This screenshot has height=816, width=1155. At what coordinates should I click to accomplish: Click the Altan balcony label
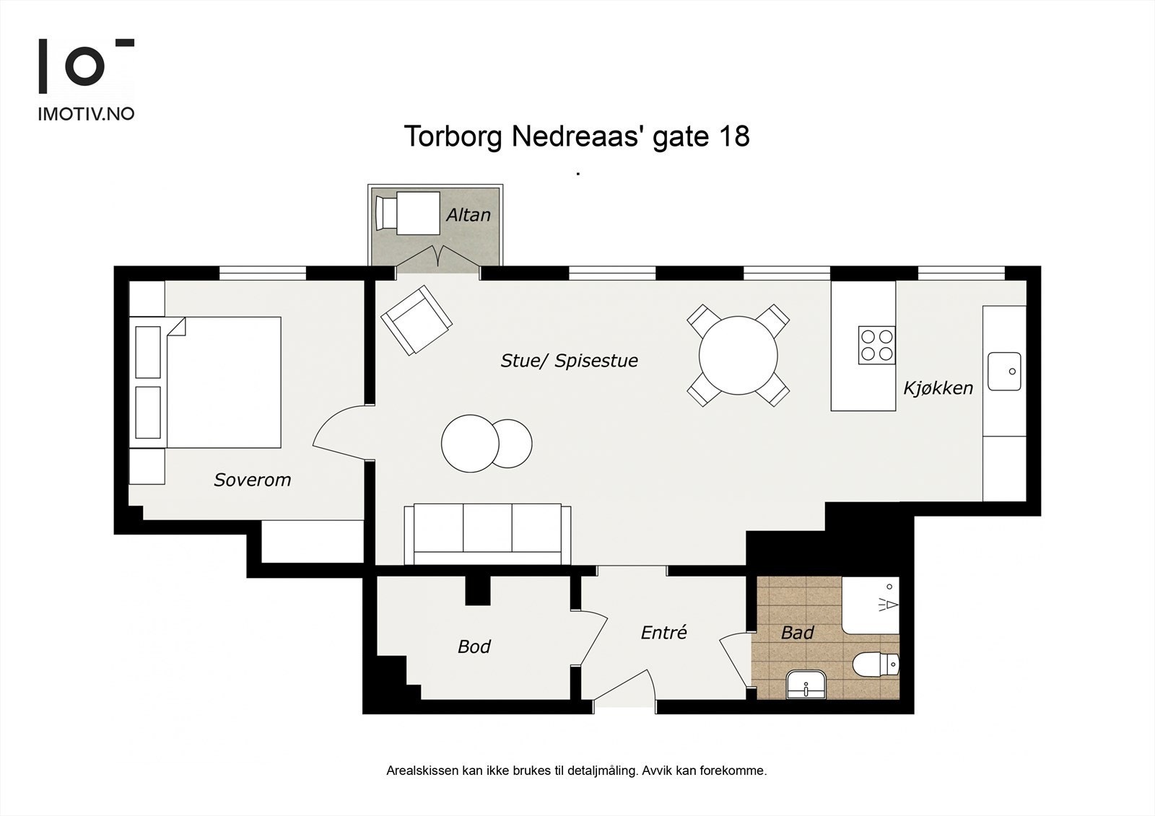[468, 215]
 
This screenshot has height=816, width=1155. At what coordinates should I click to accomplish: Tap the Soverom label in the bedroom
[252, 480]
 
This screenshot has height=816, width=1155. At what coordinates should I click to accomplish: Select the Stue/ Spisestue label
[569, 361]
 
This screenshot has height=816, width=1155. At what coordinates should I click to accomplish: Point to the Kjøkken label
[938, 388]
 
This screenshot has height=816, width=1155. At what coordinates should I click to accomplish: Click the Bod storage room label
[474, 646]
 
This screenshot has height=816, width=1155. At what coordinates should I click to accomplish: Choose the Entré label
[663, 633]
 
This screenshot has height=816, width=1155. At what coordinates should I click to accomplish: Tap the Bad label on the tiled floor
[797, 633]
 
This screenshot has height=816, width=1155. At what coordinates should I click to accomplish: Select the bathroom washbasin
[806, 683]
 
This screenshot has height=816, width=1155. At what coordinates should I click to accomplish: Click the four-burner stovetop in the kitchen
[876, 344]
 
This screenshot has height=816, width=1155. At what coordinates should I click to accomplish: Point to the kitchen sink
[1004, 371]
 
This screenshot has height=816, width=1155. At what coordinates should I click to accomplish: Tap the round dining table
[738, 355]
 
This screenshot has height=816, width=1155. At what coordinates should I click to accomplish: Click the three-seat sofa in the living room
[487, 533]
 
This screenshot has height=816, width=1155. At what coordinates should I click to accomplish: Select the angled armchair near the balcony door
[417, 320]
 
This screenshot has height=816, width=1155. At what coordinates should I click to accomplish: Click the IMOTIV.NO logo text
[86, 114]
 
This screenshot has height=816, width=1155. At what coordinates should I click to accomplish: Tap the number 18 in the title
[734, 136]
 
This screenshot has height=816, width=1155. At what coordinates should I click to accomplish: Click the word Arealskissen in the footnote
[422, 771]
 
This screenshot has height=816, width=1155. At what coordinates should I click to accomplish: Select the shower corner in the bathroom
[871, 604]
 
